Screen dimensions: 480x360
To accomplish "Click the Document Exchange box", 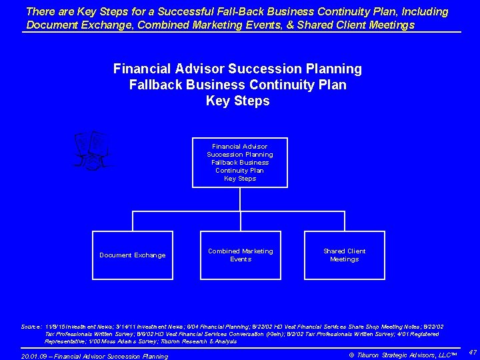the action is point(133,255).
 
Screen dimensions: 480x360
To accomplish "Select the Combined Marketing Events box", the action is point(240,255).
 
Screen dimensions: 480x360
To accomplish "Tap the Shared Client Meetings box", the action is point(344,255).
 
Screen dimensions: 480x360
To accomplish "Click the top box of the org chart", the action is point(240,162).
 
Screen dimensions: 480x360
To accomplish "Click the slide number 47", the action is point(472,351).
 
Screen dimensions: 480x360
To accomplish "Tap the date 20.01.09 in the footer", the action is point(34,357).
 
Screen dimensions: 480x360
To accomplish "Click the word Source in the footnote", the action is point(31,326).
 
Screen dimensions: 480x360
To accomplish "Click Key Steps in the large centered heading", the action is point(238,101).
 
